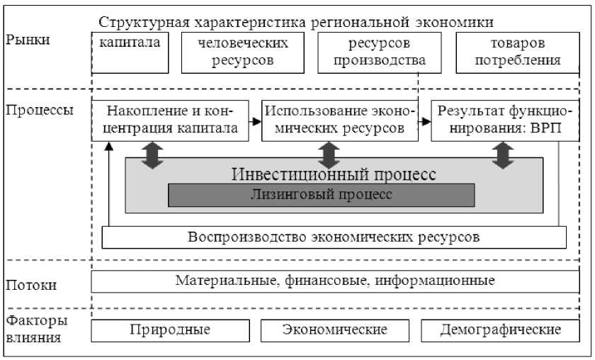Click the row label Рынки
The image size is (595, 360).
(28, 40)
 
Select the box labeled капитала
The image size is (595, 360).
(130, 52)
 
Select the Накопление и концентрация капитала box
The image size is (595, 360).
(170, 120)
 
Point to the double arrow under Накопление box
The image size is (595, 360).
(152, 154)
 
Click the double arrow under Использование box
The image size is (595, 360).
(328, 154)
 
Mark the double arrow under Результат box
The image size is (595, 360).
(502, 154)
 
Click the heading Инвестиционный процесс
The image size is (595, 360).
(334, 174)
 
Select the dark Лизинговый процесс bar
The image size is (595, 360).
(321, 194)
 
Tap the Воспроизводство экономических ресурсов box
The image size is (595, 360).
(334, 237)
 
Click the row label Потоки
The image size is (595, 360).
(31, 286)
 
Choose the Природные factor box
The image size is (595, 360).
(170, 330)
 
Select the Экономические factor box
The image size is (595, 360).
(334, 330)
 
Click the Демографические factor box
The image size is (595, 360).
(500, 330)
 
